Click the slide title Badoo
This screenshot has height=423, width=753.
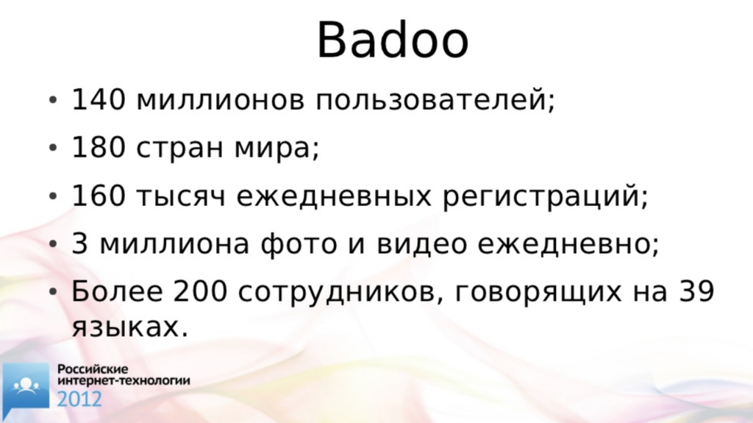click(393, 40)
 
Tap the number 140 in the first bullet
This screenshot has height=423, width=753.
click(99, 99)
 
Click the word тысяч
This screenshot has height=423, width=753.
click(181, 198)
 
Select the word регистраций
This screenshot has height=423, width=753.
click(541, 196)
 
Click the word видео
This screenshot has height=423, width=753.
click(421, 244)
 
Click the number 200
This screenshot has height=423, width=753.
click(200, 291)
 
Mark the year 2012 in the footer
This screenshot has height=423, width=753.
click(79, 399)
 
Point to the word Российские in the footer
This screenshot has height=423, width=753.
click(93, 369)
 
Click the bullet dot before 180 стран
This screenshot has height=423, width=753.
click(53, 148)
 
